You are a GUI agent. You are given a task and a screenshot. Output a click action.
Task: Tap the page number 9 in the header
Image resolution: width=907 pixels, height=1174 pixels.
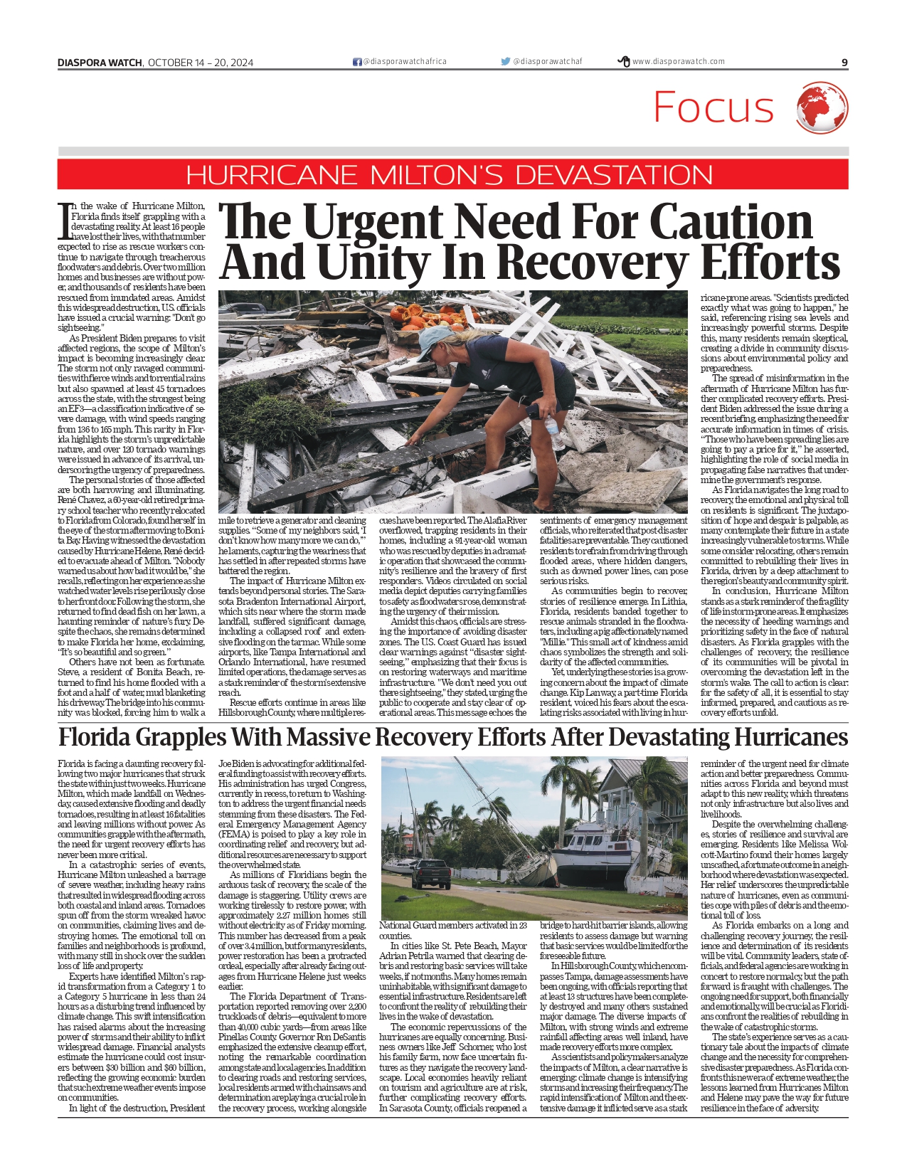pos(844,63)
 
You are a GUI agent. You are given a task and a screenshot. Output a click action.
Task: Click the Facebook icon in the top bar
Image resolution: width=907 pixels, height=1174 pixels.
pos(357,62)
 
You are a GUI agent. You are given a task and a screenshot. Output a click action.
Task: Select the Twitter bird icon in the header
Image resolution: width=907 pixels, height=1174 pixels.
pos(505,62)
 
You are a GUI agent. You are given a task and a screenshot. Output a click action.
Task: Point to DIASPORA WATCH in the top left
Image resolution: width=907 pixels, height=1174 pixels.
pos(100,63)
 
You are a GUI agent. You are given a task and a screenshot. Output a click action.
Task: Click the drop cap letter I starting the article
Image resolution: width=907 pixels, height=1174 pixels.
pos(63,221)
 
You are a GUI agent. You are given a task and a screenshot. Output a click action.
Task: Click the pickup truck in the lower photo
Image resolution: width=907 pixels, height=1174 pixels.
pos(431,874)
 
